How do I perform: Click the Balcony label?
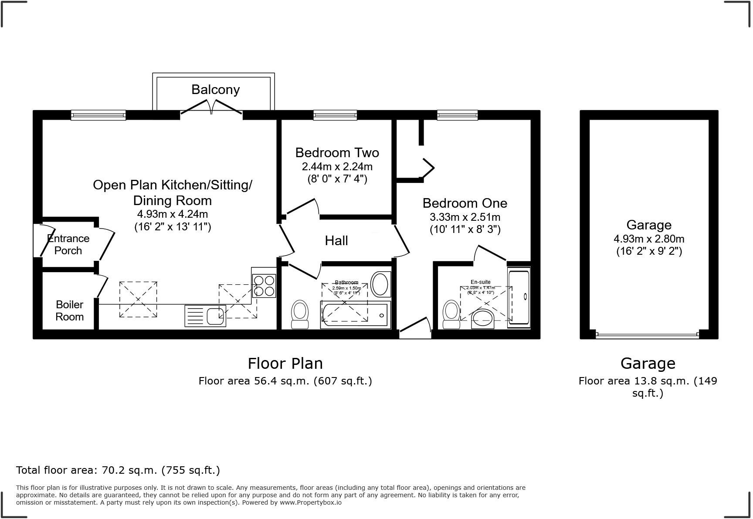(x=215, y=90)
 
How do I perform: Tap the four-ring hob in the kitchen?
(x=264, y=286)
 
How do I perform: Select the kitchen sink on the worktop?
(x=205, y=316)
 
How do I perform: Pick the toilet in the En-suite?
(x=451, y=315)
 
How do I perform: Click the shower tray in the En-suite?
(x=519, y=297)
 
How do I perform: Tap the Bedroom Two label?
(x=337, y=153)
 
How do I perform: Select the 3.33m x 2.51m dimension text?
(x=465, y=217)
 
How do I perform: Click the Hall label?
(x=336, y=241)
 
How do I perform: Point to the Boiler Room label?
(x=69, y=310)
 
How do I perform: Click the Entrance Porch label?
(x=68, y=244)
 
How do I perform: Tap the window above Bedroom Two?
(x=335, y=115)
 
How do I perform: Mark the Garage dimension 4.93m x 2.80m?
(x=649, y=239)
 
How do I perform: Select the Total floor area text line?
(x=118, y=470)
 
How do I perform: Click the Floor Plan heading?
(x=285, y=363)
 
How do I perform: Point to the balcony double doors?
(x=211, y=108)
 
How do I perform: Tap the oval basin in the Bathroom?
(x=381, y=284)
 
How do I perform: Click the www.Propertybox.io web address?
(x=311, y=502)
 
